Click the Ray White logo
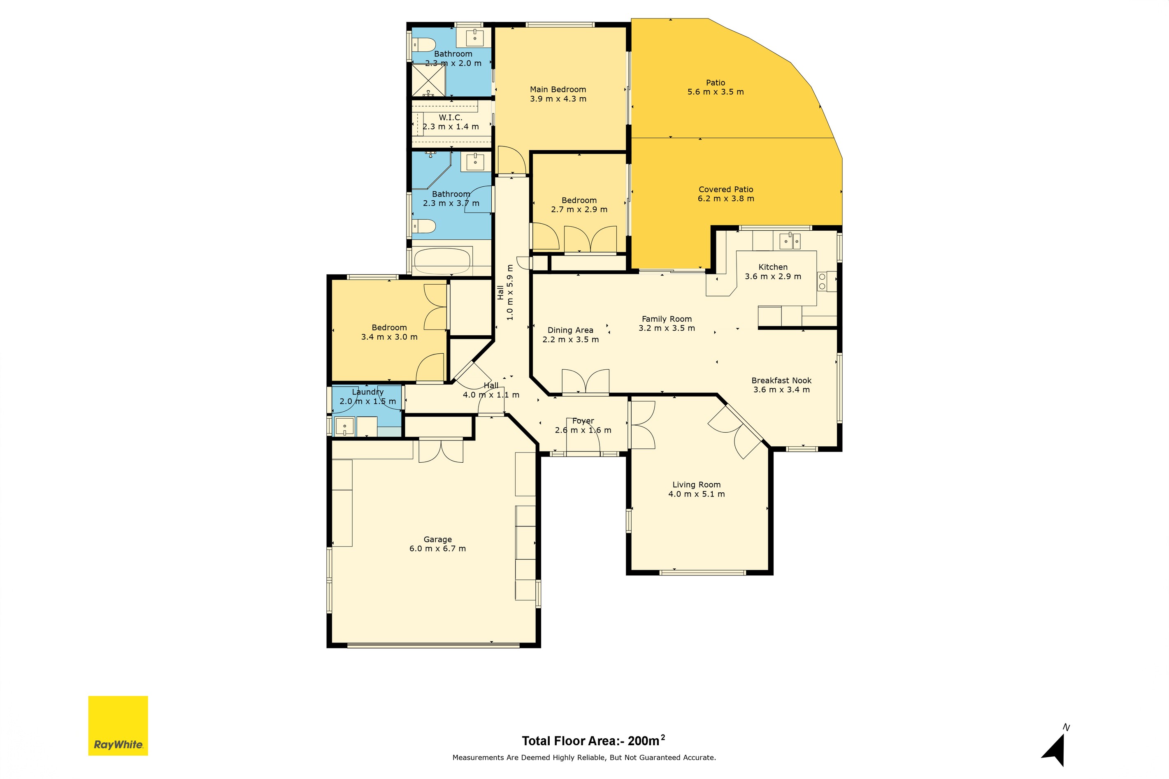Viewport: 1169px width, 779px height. click(118, 726)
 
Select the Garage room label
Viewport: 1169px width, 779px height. click(438, 539)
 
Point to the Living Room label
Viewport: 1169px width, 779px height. click(696, 485)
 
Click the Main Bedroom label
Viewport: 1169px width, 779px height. click(558, 89)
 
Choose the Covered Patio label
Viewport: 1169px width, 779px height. click(726, 189)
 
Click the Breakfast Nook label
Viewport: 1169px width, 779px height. click(781, 380)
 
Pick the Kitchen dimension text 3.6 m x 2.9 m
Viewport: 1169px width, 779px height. click(773, 276)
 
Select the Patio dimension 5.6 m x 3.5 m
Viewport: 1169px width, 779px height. click(716, 92)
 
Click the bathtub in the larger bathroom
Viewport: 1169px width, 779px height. click(442, 261)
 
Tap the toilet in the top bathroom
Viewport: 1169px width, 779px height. click(424, 45)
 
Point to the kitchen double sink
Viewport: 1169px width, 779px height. click(790, 241)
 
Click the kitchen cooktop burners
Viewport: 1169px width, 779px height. click(822, 281)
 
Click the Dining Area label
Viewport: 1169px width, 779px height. click(571, 330)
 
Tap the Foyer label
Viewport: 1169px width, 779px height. click(583, 421)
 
